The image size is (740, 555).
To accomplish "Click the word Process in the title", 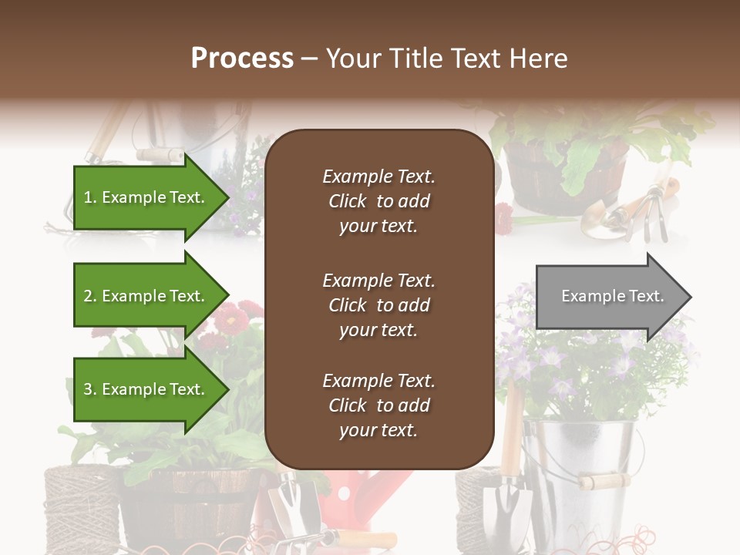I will pyautogui.click(x=242, y=59).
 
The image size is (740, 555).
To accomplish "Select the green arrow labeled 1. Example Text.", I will pyautogui.click(x=146, y=197).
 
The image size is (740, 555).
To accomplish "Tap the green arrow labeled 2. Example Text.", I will pyautogui.click(x=146, y=296).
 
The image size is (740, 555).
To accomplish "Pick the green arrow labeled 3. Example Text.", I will pyautogui.click(x=146, y=389).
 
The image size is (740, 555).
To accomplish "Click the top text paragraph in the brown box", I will pyautogui.click(x=378, y=201).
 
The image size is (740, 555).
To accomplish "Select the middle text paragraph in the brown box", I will pyautogui.click(x=378, y=305).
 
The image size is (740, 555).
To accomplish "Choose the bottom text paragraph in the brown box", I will pyautogui.click(x=378, y=405).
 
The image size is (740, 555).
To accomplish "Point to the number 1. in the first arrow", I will pyautogui.click(x=89, y=197).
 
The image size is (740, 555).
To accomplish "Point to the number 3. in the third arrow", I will pyautogui.click(x=89, y=389).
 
